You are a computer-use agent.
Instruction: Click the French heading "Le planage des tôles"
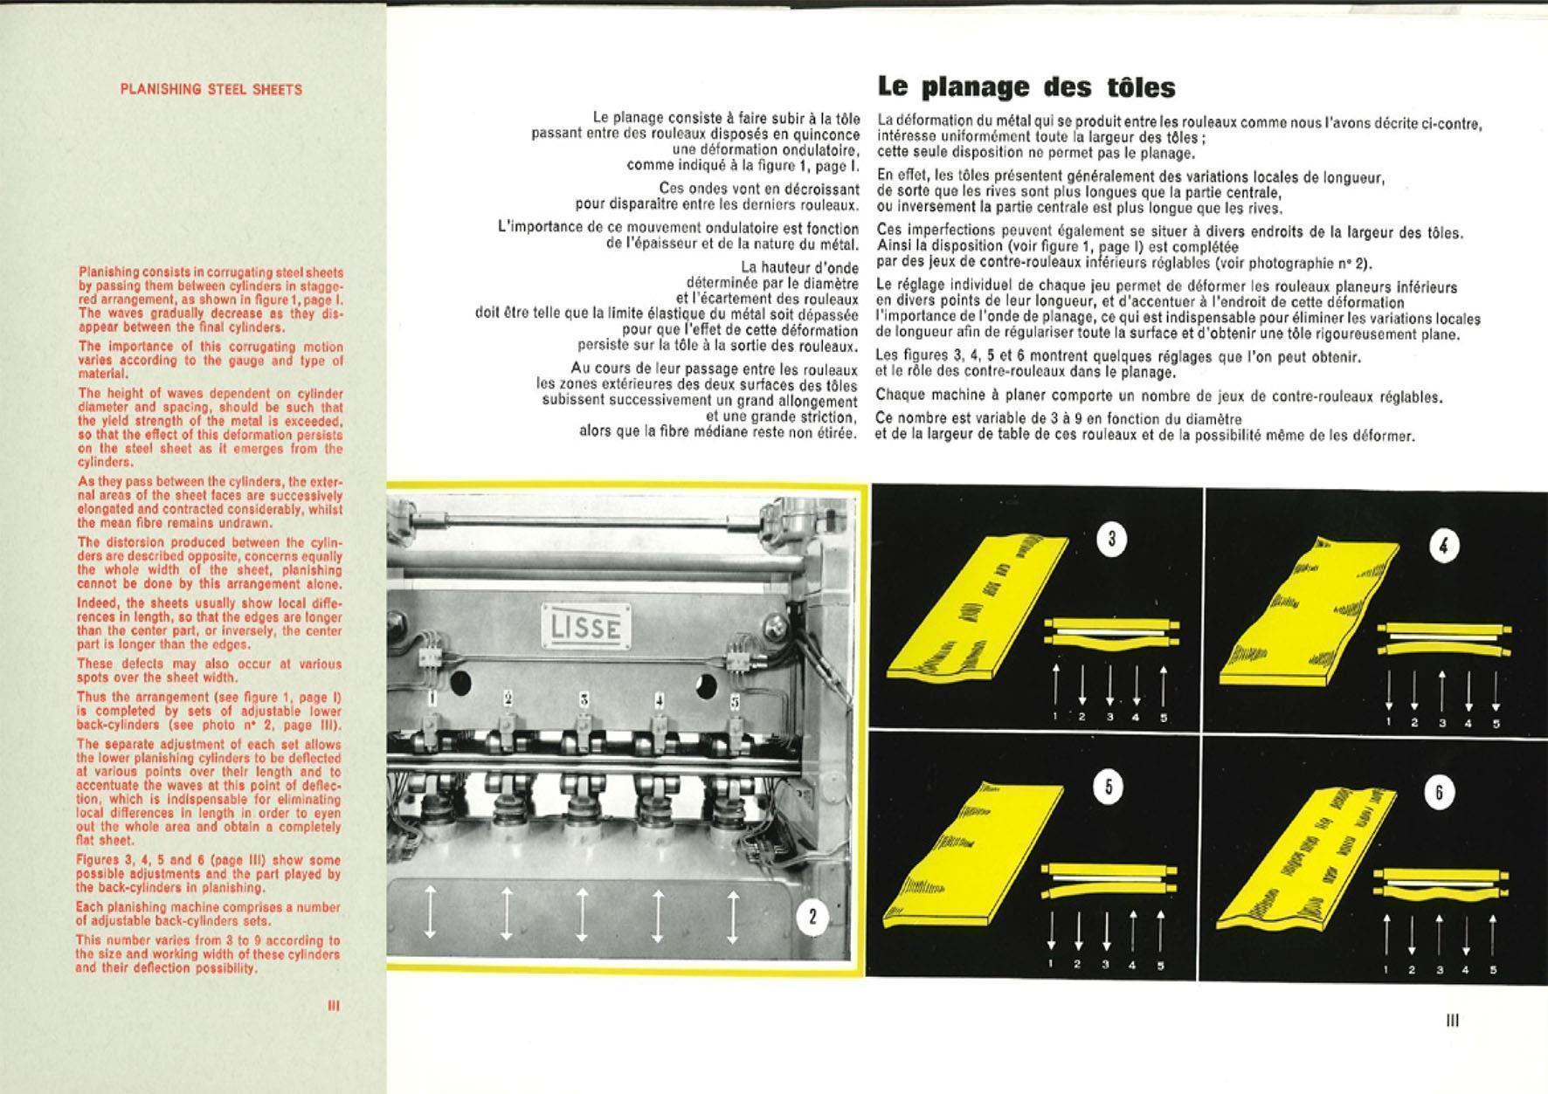pyautogui.click(x=1026, y=87)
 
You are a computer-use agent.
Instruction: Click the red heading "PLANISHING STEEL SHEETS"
pyautogui.click(x=211, y=89)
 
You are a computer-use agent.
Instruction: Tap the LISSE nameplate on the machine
pyautogui.click(x=586, y=626)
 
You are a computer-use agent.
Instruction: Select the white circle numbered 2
pyautogui.click(x=812, y=917)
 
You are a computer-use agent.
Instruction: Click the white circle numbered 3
pyautogui.click(x=1111, y=540)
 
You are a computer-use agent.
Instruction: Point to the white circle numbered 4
pyautogui.click(x=1443, y=547)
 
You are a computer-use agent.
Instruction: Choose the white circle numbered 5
pyautogui.click(x=1109, y=788)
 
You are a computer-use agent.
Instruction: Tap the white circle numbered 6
pyautogui.click(x=1439, y=793)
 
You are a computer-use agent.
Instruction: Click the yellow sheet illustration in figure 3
pyautogui.click(x=970, y=611)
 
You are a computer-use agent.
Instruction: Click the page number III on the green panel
pyautogui.click(x=333, y=1005)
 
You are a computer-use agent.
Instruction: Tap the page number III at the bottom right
pyautogui.click(x=1453, y=1020)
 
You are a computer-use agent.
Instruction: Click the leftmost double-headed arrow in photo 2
pyautogui.click(x=430, y=911)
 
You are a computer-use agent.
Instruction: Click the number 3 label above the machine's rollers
pyautogui.click(x=584, y=699)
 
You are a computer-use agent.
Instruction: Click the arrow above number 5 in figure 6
pyautogui.click(x=1493, y=934)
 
